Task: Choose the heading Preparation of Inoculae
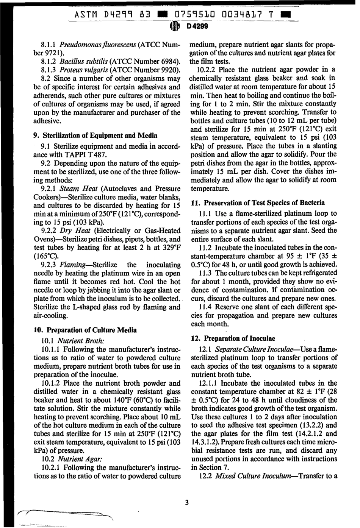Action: (x=239, y=338)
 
